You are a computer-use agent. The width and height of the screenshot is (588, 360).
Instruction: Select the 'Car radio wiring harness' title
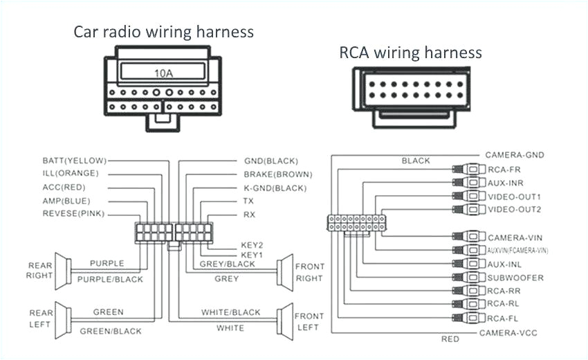coord(163,32)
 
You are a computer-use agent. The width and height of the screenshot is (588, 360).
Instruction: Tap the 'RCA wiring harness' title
coord(410,53)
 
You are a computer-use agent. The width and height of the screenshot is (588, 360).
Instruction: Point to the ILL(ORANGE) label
coord(71,173)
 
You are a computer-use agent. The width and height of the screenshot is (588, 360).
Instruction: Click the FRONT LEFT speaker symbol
coord(283,319)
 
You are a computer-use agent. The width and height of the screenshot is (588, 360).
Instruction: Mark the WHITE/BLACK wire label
coord(230,312)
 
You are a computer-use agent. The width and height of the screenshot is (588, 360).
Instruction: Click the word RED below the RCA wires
coord(450,339)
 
